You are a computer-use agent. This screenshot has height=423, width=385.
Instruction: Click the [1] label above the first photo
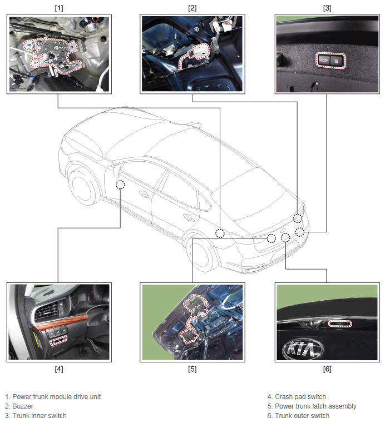(x=59, y=8)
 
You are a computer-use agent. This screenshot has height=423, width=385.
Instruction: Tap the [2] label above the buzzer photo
(x=192, y=8)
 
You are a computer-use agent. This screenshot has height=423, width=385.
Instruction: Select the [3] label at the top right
(x=327, y=8)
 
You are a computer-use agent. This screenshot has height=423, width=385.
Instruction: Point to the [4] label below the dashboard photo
(x=59, y=369)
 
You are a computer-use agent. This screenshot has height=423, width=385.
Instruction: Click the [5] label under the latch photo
(x=192, y=369)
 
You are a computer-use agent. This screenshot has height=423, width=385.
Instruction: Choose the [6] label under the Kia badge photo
(x=327, y=369)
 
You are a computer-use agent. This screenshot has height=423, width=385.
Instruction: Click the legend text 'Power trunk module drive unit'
(x=56, y=397)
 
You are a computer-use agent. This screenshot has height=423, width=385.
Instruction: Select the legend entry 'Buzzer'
(x=23, y=406)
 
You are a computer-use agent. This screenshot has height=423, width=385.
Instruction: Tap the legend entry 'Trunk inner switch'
(x=40, y=416)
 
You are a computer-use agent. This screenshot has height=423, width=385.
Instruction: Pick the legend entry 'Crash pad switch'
(x=300, y=397)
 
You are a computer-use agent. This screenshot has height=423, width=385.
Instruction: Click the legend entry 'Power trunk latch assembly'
(x=315, y=406)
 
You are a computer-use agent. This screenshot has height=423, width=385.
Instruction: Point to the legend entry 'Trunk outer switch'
(x=302, y=416)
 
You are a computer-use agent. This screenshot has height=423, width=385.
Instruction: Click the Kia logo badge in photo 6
(x=302, y=349)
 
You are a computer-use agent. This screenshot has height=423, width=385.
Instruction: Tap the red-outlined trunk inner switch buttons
(x=330, y=61)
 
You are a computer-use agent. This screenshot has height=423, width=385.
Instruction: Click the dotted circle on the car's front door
(x=120, y=185)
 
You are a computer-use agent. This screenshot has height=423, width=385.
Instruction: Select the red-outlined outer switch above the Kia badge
(x=340, y=324)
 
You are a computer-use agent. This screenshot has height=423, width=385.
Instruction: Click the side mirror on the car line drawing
(x=118, y=171)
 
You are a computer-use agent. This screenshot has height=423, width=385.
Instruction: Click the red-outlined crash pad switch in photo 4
(x=58, y=340)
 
